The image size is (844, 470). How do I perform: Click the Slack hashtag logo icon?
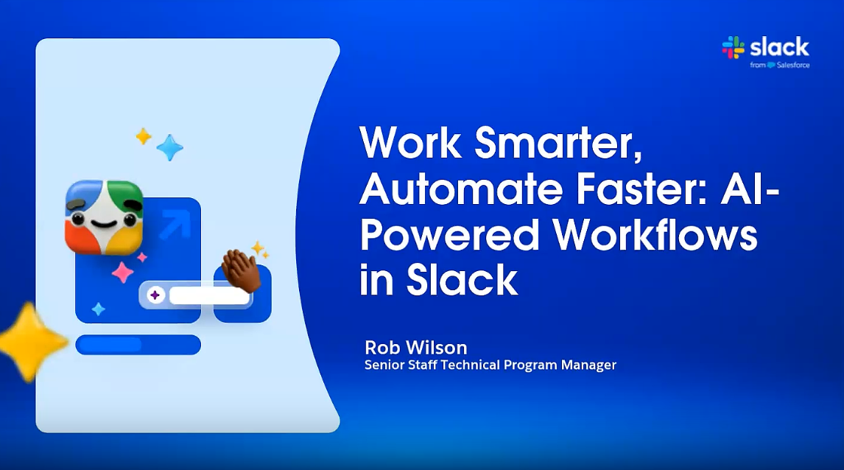[733, 47]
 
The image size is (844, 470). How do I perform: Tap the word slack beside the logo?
[779, 47]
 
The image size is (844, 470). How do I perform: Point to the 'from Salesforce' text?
[780, 65]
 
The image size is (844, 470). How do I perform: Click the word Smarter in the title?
[558, 143]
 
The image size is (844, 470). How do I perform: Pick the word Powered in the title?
[450, 235]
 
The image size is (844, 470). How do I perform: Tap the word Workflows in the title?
[655, 235]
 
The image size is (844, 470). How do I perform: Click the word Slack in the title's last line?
[463, 280]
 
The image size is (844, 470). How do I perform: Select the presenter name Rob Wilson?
[416, 347]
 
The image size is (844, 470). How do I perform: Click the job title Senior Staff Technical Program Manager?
[490, 365]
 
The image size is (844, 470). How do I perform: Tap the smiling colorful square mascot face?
[105, 217]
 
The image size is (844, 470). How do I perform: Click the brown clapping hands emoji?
[241, 270]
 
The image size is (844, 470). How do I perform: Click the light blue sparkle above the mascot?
[169, 147]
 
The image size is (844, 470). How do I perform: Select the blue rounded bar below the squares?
[138, 345]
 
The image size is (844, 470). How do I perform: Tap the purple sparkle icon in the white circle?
[155, 295]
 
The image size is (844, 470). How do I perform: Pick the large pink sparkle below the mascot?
[123, 273]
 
